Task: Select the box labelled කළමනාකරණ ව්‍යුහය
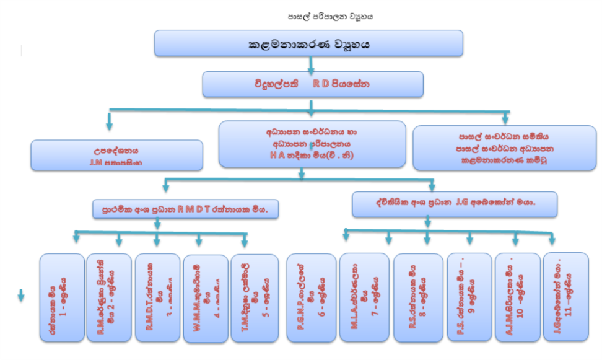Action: click(308, 44)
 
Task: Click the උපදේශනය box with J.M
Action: click(117, 156)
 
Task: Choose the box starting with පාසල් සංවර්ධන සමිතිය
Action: click(506, 147)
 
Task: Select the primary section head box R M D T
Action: click(186, 209)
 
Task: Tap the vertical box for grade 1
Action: click(61, 298)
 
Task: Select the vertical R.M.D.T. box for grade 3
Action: click(156, 297)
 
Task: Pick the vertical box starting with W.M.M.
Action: click(204, 298)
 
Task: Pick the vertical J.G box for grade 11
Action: click(565, 296)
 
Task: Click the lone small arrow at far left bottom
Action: click(20, 296)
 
